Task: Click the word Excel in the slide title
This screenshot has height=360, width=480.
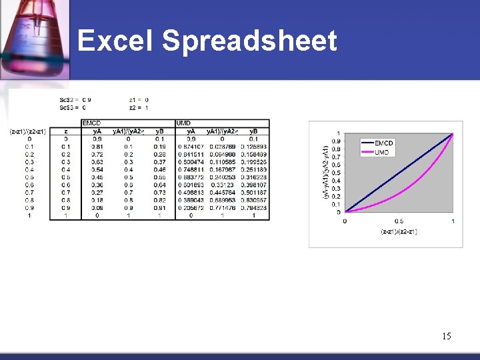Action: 115,41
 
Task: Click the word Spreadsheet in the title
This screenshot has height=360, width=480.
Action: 249,41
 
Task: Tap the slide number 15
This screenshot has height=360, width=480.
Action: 446,336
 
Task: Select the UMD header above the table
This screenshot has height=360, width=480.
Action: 183,123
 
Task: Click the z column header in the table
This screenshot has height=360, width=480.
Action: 65,131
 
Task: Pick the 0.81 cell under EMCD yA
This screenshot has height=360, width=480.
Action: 97,147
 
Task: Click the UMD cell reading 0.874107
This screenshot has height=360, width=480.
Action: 191,147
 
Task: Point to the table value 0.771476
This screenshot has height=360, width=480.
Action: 222,208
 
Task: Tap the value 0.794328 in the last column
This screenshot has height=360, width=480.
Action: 253,208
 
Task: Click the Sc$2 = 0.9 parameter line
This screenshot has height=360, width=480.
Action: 75,100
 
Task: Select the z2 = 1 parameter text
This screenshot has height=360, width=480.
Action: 139,107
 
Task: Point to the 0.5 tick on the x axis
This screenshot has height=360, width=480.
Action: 399,221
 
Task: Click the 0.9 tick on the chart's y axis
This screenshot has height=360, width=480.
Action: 337,141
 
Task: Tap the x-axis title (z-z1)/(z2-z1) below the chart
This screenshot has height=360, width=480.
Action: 399,231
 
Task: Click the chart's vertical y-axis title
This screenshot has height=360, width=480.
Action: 326,172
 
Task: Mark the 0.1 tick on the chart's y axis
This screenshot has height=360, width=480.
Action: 337,204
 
